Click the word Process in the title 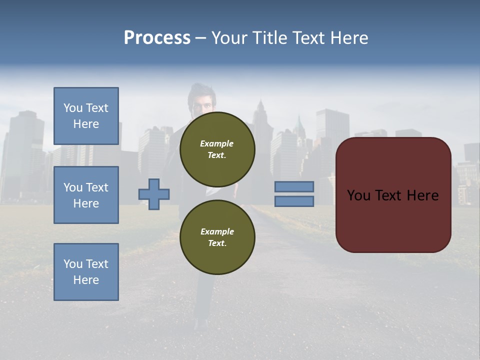click(157, 38)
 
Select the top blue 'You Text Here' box click(86, 116)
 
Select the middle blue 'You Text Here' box click(86, 195)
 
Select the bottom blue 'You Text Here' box click(86, 272)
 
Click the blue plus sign click(154, 194)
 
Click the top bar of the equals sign click(294, 186)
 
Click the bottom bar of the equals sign click(294, 201)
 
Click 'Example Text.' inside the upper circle click(217, 149)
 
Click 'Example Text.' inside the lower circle click(217, 237)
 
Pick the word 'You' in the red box click(358, 195)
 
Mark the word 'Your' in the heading click(229, 38)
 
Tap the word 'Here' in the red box click(423, 195)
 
